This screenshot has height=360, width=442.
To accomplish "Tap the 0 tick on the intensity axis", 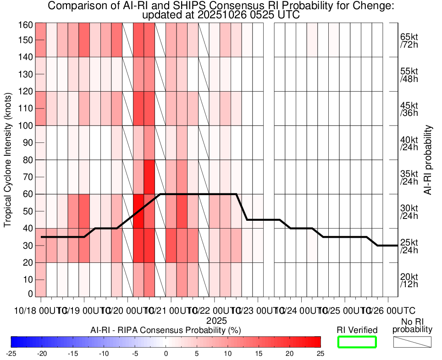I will click(30, 294).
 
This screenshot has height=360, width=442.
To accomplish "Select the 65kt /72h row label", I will click(409, 40).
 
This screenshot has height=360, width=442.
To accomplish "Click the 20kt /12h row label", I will click(409, 281).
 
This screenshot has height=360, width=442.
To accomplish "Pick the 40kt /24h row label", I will click(409, 143).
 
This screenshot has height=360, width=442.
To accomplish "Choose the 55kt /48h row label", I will click(409, 75).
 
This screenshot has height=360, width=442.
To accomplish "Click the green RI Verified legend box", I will click(357, 342).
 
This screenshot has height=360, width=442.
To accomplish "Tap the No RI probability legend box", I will click(412, 342).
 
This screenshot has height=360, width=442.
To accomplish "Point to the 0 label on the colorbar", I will click(166, 354).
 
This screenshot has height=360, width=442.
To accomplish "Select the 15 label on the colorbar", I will click(259, 354).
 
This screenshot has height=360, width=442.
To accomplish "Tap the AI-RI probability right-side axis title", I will click(429, 160).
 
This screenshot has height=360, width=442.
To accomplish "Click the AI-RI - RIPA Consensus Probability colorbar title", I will click(166, 330).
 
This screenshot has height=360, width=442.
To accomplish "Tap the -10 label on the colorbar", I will click(104, 354).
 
